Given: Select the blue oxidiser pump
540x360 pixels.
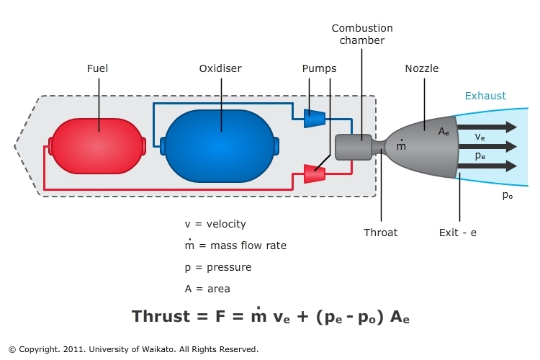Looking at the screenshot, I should pos(314,118).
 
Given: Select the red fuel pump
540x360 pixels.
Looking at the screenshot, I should pos(315,174).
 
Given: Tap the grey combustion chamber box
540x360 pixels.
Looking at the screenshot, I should pos(354,146).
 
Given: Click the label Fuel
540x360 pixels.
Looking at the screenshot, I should pos(98,69).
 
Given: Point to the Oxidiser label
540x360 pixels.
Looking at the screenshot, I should pos(220,69).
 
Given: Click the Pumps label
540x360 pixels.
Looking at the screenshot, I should pos(320,69).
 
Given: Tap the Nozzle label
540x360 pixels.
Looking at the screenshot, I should pos(422,69).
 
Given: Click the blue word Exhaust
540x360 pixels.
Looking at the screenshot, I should pos(485,96).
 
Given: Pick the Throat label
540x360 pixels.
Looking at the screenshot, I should pos(381,233).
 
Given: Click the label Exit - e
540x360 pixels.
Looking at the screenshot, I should pos(458,233).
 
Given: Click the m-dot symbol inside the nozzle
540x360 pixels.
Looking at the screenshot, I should pos(401,146).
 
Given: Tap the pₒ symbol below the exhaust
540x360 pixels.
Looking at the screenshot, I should pos(508,194).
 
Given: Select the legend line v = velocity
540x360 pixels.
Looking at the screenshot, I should pos(215,224).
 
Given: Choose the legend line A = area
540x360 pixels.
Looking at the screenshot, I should pos(207,289).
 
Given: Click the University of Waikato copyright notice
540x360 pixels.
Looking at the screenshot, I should pos(133,349).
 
